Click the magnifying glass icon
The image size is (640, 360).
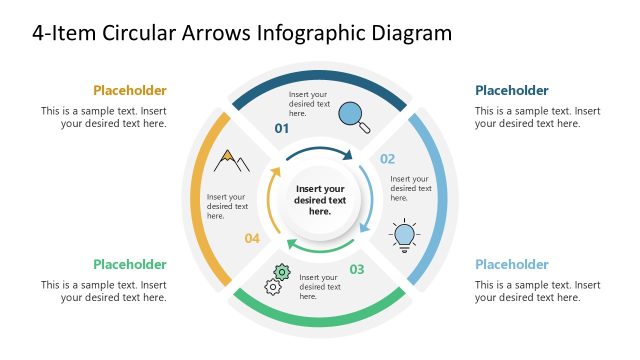(x=354, y=116)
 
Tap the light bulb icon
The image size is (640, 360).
(x=404, y=234)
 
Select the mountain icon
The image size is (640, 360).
(x=231, y=160)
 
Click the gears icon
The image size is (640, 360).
(x=277, y=279)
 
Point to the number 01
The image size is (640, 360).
(x=282, y=129)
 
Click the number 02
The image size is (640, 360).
(x=387, y=159)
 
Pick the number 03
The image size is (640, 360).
(x=357, y=269)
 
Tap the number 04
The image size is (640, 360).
(x=252, y=238)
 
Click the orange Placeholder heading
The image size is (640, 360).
(x=130, y=90)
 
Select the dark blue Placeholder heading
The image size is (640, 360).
(x=512, y=90)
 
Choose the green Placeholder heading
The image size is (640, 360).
(x=130, y=264)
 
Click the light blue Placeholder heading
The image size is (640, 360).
(x=512, y=264)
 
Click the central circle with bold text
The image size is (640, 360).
(x=320, y=200)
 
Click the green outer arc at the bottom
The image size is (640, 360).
(x=320, y=320)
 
